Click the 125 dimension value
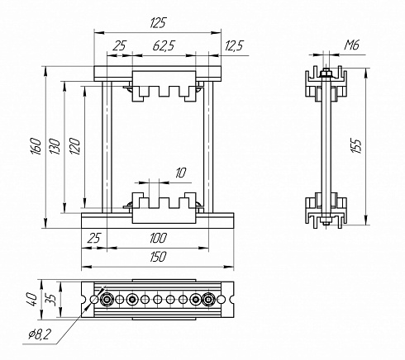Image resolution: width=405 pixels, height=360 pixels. pos(159,23)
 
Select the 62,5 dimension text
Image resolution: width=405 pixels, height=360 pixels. pos(164,45)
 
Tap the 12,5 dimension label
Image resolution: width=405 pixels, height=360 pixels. pos(234,45)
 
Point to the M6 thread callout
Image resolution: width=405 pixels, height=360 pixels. pos(352,45)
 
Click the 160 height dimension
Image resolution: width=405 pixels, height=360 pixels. pos(36,146)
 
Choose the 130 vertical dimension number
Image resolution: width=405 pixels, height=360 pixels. pos(55,146)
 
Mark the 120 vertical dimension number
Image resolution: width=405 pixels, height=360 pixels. pos(75,146)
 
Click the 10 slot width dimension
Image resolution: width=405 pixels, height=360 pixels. pos(181,173)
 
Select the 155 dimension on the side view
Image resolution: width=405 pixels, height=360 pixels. pos(356,145)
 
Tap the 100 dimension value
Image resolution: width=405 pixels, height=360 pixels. pos(159,238)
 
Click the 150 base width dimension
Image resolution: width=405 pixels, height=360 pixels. pos(159,257)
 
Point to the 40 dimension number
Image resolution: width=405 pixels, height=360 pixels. pos(32,300)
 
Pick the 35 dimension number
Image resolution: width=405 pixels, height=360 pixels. pos(50,299)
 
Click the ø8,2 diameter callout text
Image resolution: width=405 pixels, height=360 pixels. pos(40,334)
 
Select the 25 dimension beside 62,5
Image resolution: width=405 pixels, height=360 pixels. pos(119,45)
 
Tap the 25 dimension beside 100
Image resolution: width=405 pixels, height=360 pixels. pos(94,238)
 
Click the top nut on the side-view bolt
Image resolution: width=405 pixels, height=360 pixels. pos(326,73)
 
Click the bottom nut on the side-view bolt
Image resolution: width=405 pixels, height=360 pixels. pos(326,220)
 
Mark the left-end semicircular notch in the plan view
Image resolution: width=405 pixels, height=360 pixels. pos(83,299)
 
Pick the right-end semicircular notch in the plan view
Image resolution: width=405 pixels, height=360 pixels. pos(232,299)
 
